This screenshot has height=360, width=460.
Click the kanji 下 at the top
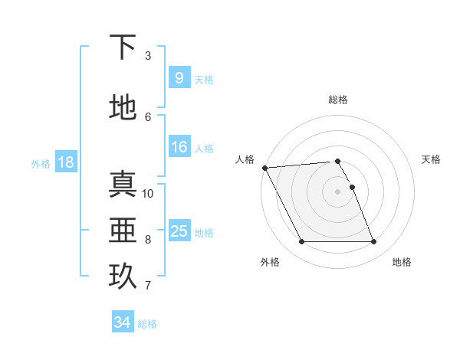pos(123,47)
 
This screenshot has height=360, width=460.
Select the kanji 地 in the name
pos(123,108)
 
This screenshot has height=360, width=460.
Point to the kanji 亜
pos(123,231)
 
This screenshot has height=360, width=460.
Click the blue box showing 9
pos(179,78)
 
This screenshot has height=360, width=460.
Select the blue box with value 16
pos(179,148)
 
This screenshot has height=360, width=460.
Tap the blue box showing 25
pos(179,231)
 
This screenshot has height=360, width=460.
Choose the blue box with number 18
pos(65,162)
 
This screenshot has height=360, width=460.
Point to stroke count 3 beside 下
pos(148,56)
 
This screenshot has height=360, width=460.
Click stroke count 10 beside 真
pos(148,193)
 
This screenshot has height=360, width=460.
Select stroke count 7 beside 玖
pos(148,286)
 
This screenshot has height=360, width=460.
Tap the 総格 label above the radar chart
pos(338,100)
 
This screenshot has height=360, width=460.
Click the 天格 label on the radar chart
pos(432,159)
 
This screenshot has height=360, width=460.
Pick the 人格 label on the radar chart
pos(245,159)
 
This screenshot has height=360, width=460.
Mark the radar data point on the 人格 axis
pos(264,168)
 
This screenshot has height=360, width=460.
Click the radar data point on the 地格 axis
pos(374,242)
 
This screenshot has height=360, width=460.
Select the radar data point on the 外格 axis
pos(301,242)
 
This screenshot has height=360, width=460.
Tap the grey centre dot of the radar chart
pos(338,191)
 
